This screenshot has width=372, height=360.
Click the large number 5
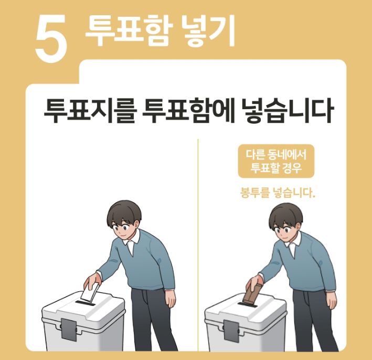tap(51, 38)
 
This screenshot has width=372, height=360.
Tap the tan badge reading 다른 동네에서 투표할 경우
tap(276, 162)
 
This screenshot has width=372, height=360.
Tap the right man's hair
tap(285, 213)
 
